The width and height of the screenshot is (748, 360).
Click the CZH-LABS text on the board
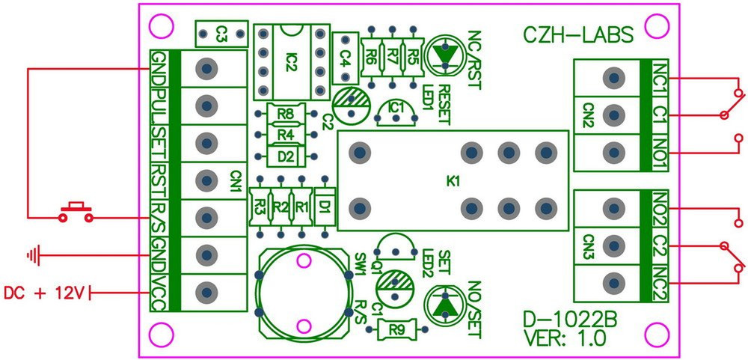(x=577, y=34)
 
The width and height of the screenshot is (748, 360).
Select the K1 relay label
(x=453, y=181)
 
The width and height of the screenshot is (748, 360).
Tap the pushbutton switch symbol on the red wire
(x=76, y=212)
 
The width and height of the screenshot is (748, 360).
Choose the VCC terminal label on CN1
(x=159, y=292)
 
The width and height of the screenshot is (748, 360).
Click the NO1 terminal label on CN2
(x=659, y=151)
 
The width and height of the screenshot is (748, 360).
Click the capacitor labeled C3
(x=221, y=33)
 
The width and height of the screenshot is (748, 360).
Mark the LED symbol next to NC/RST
(x=445, y=56)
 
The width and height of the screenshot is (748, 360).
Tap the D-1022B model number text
(x=570, y=322)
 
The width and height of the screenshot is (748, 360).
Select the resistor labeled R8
(x=284, y=115)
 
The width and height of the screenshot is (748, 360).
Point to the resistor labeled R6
(x=370, y=55)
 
